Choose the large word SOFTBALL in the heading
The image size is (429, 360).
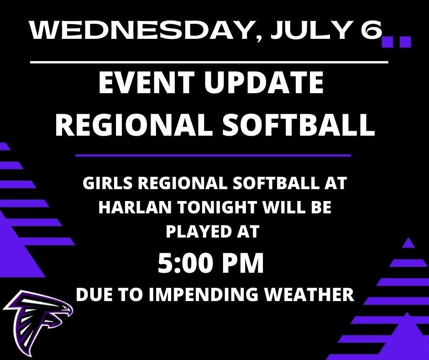(x=298, y=125)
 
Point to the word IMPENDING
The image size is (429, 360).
(x=204, y=294)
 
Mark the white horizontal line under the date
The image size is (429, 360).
(x=209, y=63)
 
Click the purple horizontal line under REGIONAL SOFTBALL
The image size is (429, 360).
(x=213, y=156)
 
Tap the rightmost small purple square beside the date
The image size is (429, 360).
(x=405, y=42)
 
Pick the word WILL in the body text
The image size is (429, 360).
(x=285, y=207)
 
